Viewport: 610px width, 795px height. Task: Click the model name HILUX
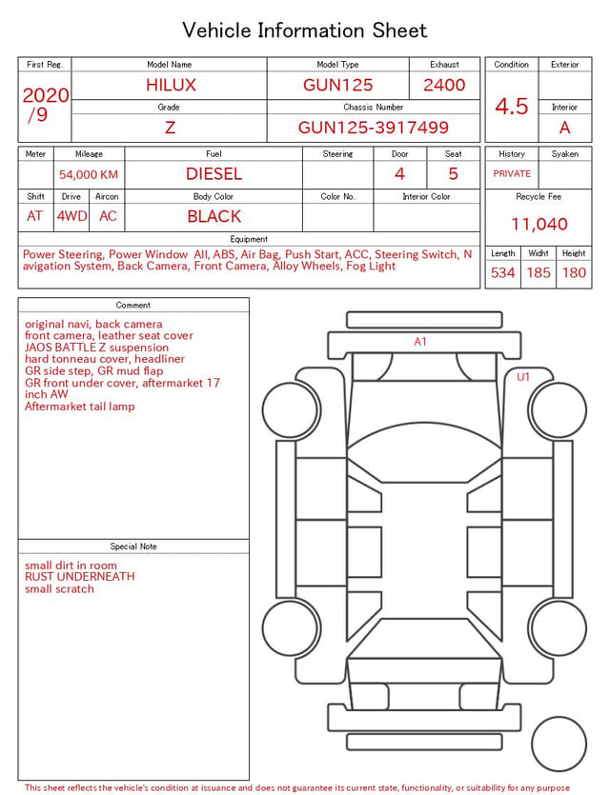[171, 85]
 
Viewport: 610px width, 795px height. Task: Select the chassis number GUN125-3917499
[373, 128]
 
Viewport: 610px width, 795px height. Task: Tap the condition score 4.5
[512, 107]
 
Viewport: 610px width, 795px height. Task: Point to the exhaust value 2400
[444, 85]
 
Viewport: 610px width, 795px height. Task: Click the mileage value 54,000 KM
[89, 175]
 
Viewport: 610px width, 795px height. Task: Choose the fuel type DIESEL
[213, 174]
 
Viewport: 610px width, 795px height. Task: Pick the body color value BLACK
[213, 216]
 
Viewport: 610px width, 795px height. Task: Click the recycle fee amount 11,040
[539, 224]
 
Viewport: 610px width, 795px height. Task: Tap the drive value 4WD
[71, 216]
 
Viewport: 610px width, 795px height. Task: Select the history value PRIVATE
[512, 173]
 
